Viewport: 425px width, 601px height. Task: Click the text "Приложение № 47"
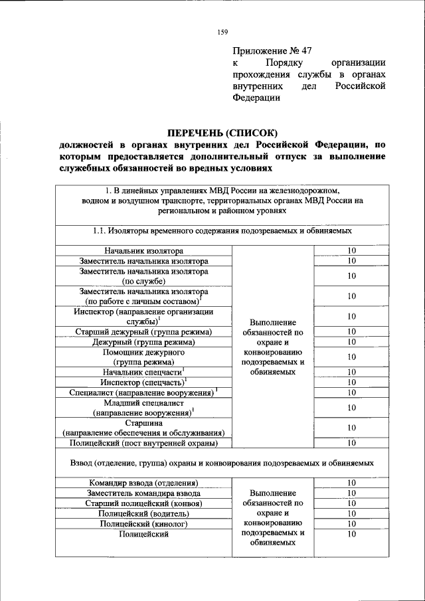[x=272, y=50]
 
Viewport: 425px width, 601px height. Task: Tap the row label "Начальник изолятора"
[x=143, y=250]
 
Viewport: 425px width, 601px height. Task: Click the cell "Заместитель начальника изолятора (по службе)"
[x=143, y=276]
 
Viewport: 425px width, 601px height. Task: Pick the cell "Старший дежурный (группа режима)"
[x=143, y=331]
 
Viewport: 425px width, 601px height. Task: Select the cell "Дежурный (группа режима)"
[x=143, y=342]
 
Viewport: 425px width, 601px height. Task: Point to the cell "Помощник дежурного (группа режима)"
[x=143, y=357]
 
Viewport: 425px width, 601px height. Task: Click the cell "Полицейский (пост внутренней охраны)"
[x=143, y=443]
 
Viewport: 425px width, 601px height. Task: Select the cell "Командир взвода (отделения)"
[x=143, y=483]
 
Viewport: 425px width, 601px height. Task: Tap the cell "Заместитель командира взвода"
[x=143, y=493]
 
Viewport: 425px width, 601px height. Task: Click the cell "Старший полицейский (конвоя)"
[x=143, y=503]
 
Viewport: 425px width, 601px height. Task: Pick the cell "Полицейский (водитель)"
[x=143, y=513]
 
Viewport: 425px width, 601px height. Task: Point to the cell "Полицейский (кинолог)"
[x=143, y=524]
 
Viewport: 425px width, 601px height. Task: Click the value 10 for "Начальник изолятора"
[x=352, y=250]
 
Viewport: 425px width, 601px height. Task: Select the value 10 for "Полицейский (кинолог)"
[x=352, y=524]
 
